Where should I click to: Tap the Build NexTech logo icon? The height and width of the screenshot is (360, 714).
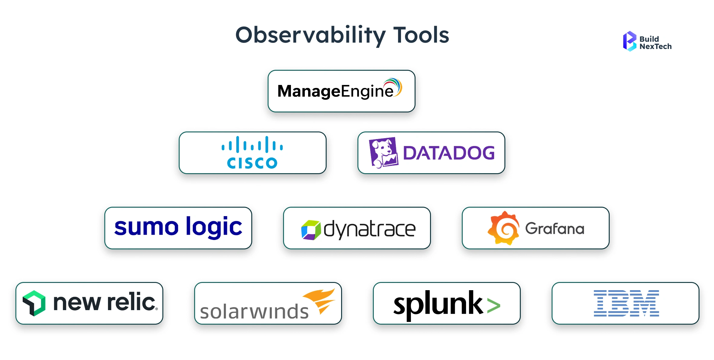[x=629, y=42]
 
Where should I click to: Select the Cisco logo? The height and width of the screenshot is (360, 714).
[x=252, y=153]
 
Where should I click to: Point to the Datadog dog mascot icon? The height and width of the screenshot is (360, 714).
[x=383, y=153]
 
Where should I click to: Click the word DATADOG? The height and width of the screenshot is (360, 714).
[x=449, y=153]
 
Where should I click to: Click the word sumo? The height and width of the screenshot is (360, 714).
[x=146, y=227]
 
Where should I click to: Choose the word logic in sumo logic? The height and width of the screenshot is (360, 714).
[x=214, y=227]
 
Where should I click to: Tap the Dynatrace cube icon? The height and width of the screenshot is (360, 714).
[x=311, y=230]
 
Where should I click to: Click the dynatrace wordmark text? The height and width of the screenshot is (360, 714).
[x=370, y=229]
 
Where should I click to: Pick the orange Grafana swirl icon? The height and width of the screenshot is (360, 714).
[x=504, y=228]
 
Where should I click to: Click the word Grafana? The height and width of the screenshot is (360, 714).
[x=555, y=229]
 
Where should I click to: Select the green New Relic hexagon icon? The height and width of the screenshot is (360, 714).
[x=34, y=303]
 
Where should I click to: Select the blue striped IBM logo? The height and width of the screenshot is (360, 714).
[x=626, y=303]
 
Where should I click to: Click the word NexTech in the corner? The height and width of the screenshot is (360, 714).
[x=655, y=47]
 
